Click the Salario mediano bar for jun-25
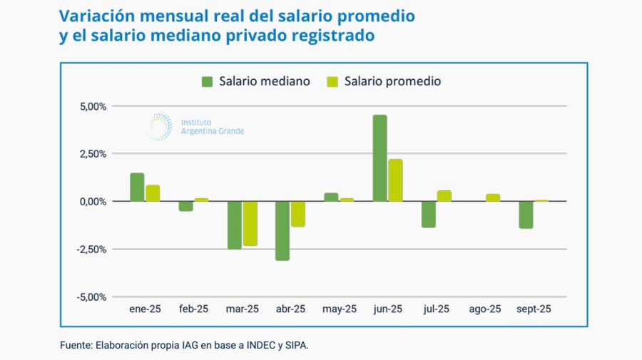click(379, 158)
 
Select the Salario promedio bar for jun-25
click(395, 180)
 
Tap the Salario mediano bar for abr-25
click(282, 230)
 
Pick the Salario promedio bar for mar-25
click(250, 223)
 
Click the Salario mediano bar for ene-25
click(137, 187)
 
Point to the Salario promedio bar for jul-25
click(444, 196)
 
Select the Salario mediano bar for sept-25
click(526, 215)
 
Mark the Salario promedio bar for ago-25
click(492, 197)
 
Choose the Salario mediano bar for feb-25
click(185, 206)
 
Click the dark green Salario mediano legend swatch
click(208, 81)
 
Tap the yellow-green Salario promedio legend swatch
click(332, 81)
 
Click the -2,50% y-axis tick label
click(91, 250)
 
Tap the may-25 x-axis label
click(339, 309)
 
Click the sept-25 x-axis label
click(533, 309)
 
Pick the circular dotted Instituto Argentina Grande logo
click(158, 126)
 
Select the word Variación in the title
click(93, 16)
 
